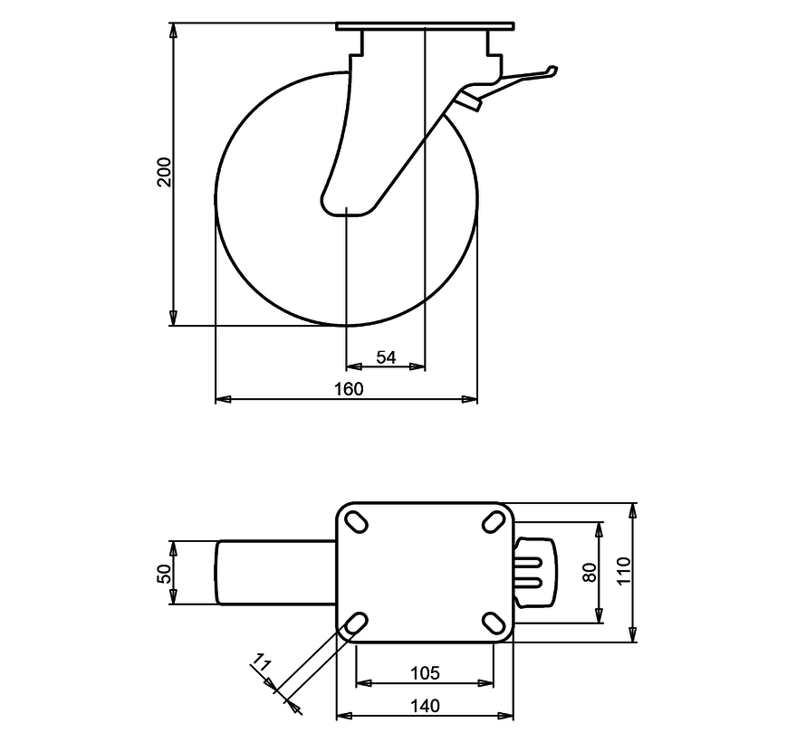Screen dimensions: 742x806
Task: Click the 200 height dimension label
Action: point(164,171)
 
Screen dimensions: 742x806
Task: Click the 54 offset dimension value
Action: point(386,357)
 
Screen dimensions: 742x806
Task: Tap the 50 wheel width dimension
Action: point(164,573)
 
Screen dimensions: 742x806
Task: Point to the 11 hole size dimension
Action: point(263,670)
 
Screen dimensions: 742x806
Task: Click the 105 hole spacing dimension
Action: point(425,672)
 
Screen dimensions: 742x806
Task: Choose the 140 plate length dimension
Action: point(425,706)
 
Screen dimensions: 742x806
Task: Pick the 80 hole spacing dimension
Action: point(590,573)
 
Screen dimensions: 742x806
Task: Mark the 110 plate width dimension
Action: point(623,573)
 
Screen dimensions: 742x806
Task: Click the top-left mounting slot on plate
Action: point(356,522)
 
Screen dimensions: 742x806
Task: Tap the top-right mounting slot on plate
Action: point(494,522)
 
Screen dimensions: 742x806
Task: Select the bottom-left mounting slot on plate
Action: point(356,623)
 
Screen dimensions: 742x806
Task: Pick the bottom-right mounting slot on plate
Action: point(494,623)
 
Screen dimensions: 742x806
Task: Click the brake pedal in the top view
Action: point(533,573)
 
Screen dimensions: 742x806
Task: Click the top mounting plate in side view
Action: point(425,28)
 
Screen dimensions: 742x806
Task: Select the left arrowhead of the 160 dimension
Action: point(221,398)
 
